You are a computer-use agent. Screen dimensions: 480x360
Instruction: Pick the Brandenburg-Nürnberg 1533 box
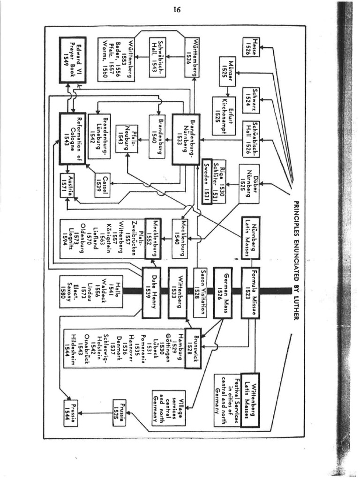click(186, 139)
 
